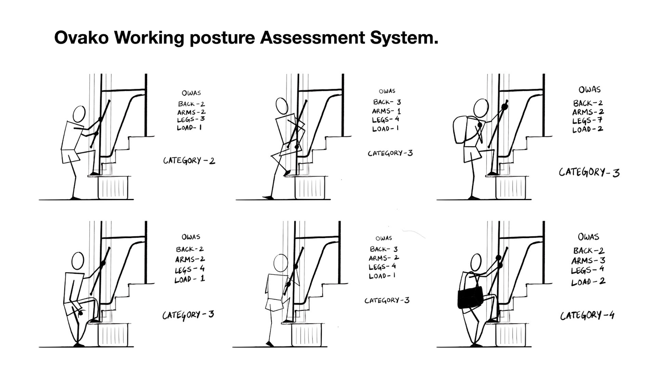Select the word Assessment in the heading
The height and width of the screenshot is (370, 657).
(x=312, y=38)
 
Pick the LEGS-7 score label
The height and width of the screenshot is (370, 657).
(x=587, y=121)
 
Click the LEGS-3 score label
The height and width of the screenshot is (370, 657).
(x=191, y=120)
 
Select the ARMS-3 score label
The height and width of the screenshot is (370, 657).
(x=588, y=260)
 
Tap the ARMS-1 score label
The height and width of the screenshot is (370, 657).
(x=386, y=111)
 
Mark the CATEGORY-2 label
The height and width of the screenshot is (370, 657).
(x=189, y=160)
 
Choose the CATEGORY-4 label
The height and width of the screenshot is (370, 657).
(x=587, y=315)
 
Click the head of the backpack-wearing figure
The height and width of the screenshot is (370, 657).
(x=481, y=108)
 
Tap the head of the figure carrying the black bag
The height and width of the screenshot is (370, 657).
(x=476, y=262)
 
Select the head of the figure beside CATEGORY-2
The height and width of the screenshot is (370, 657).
(x=79, y=114)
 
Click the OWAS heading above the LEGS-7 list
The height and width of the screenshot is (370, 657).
(x=589, y=90)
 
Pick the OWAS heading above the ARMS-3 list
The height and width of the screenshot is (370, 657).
(x=589, y=237)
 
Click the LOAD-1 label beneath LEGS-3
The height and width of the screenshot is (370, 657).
(x=189, y=128)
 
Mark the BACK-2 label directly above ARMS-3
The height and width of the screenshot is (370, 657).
(x=589, y=251)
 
